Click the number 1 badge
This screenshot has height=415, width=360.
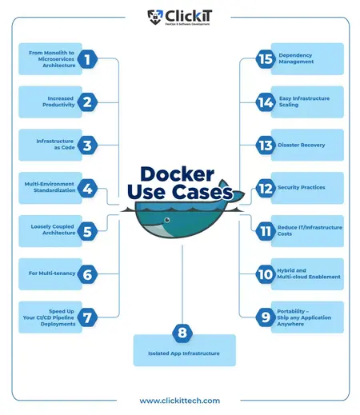point(88,58)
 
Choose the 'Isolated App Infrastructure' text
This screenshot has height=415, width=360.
point(184,352)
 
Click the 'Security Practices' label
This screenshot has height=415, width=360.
point(302,188)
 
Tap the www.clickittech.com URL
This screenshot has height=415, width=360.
point(180,400)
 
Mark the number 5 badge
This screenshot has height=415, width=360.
point(88,231)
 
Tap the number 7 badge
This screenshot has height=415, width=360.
point(88,317)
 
